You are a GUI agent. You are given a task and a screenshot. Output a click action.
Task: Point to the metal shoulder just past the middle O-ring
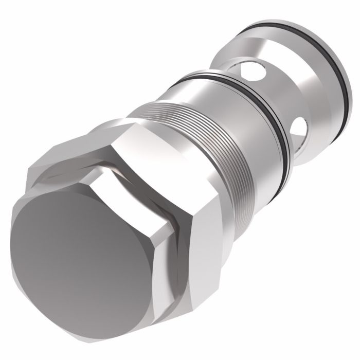tap(288, 149)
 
